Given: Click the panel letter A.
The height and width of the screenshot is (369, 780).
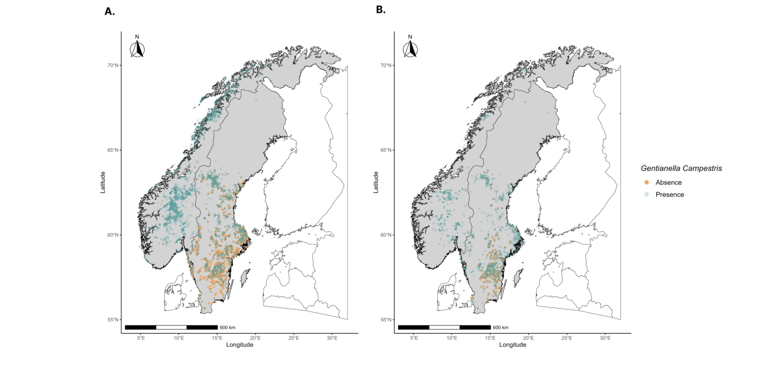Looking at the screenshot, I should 110,11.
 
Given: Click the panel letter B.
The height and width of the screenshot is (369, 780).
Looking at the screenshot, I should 380,10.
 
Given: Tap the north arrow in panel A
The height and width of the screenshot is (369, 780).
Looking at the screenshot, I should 137,47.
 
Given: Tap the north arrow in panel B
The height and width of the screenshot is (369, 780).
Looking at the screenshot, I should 410,47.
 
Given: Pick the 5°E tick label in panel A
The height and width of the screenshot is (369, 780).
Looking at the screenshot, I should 140,338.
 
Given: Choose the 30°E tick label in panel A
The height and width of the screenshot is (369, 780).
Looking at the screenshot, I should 332,338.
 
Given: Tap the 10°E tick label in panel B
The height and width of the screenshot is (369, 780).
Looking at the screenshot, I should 452,338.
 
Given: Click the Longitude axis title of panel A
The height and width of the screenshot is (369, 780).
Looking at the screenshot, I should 239,345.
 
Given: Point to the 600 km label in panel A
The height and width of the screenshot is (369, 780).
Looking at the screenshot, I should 227,328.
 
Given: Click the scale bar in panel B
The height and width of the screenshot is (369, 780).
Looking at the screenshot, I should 444,327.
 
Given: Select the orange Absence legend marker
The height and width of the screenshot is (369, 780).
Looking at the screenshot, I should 647,182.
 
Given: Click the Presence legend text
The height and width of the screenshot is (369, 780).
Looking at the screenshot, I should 669,194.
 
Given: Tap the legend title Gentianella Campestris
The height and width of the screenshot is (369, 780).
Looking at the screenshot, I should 681,169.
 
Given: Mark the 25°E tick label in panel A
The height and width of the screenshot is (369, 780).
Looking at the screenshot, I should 293,338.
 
